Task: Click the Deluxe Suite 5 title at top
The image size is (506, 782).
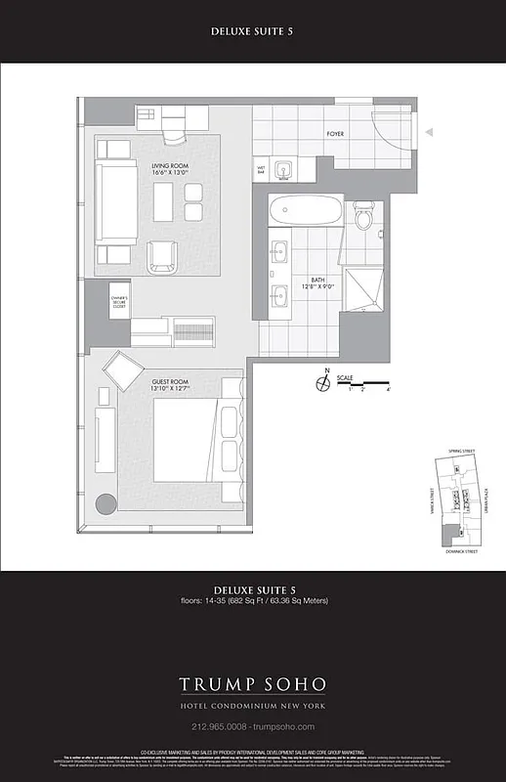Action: coord(252,31)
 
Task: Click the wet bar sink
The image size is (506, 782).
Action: coord(281,170)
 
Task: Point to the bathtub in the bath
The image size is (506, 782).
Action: coord(306,210)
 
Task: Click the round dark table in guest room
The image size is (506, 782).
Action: coord(105,504)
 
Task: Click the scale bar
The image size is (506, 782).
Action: coord(368,382)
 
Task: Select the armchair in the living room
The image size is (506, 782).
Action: coord(162,257)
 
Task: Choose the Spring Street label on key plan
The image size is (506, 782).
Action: coord(461,451)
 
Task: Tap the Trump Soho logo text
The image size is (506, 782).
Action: coord(252,683)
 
